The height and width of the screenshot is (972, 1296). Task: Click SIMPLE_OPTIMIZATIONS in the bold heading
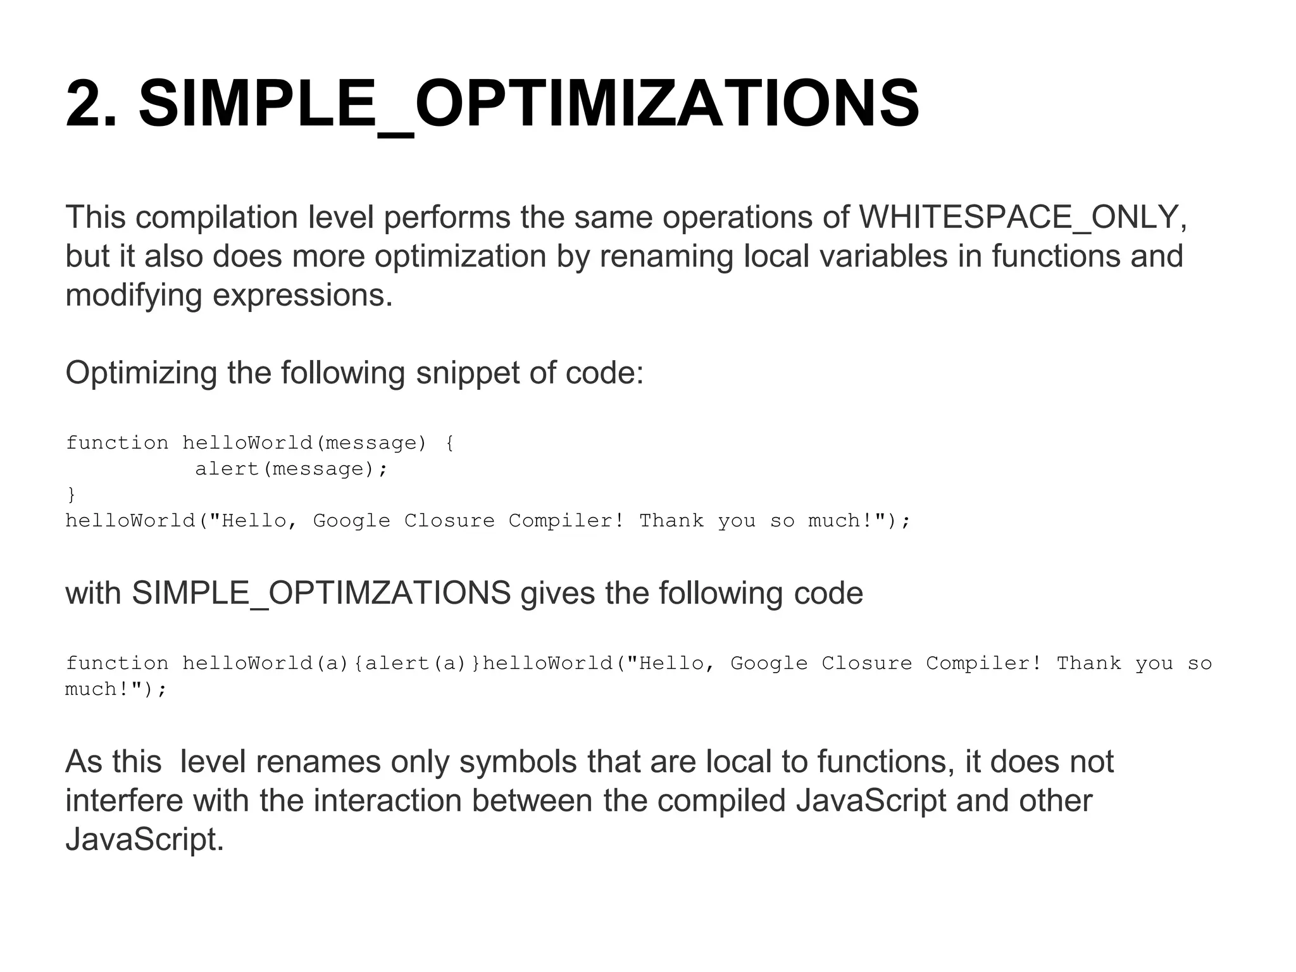click(x=528, y=104)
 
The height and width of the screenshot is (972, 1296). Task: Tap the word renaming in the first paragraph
click(x=666, y=256)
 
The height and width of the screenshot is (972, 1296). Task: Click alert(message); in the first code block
click(x=290, y=469)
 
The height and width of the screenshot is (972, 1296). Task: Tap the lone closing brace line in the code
click(x=71, y=494)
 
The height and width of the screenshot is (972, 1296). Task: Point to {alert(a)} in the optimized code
click(x=417, y=664)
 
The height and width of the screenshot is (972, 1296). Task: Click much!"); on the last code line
click(x=116, y=689)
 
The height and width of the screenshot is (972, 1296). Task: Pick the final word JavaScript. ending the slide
click(x=145, y=840)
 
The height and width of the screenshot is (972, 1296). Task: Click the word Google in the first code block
click(x=351, y=521)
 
